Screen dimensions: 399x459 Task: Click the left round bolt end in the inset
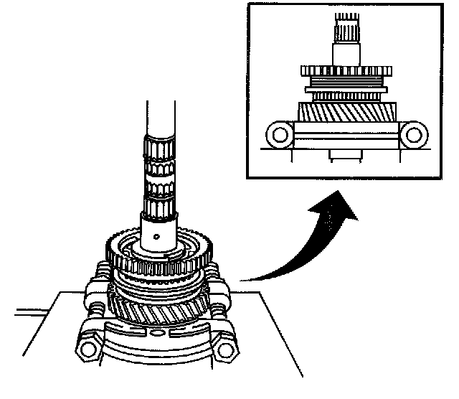pyautogui.click(x=277, y=134)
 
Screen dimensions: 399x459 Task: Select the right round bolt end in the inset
pyautogui.click(x=412, y=134)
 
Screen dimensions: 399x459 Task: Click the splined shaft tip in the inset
pyautogui.click(x=344, y=29)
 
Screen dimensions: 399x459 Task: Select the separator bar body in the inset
pyautogui.click(x=344, y=134)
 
